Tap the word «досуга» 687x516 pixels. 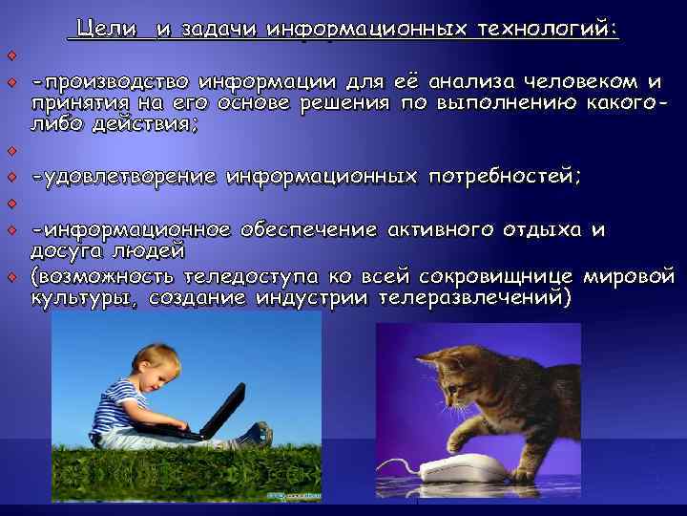(x=60, y=251)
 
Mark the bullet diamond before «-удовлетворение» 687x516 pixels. (x=12, y=177)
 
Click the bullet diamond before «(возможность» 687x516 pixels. (x=12, y=277)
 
